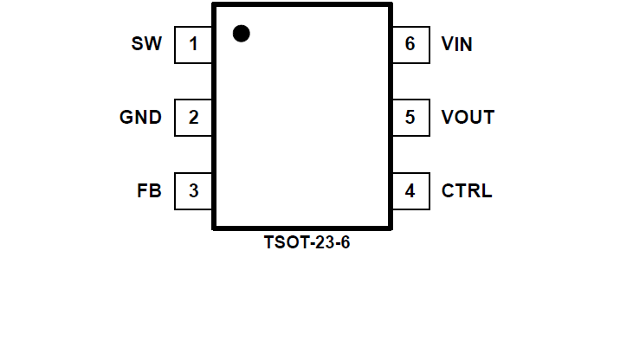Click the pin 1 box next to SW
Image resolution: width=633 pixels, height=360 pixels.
pyautogui.click(x=193, y=44)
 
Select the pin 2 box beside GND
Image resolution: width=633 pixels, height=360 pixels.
pyautogui.click(x=193, y=118)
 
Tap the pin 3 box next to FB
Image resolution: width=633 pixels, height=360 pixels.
pyautogui.click(x=193, y=191)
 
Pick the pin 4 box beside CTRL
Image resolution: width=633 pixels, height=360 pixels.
pyautogui.click(x=410, y=191)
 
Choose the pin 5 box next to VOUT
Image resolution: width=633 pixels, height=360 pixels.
pyautogui.click(x=410, y=118)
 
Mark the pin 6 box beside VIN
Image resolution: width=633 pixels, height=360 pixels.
pyautogui.click(x=410, y=44)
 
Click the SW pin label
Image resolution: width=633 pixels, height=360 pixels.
pyautogui.click(x=146, y=44)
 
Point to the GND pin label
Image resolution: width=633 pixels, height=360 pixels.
pyautogui.click(x=140, y=118)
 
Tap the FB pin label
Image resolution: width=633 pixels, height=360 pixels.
pyautogui.click(x=148, y=191)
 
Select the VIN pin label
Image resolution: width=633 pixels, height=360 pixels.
pyautogui.click(x=456, y=44)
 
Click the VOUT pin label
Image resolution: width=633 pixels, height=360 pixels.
pyautogui.click(x=468, y=118)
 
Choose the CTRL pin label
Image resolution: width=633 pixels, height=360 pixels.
pyautogui.click(x=467, y=191)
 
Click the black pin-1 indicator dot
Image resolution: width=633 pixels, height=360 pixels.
pyautogui.click(x=242, y=34)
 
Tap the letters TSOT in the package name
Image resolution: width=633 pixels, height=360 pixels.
pyautogui.click(x=282, y=243)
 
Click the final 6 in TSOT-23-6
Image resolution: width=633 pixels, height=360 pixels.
pyautogui.click(x=345, y=243)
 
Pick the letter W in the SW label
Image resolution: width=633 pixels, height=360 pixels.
pyautogui.click(x=152, y=44)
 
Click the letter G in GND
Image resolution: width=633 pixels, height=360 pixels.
pyautogui.click(x=126, y=118)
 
